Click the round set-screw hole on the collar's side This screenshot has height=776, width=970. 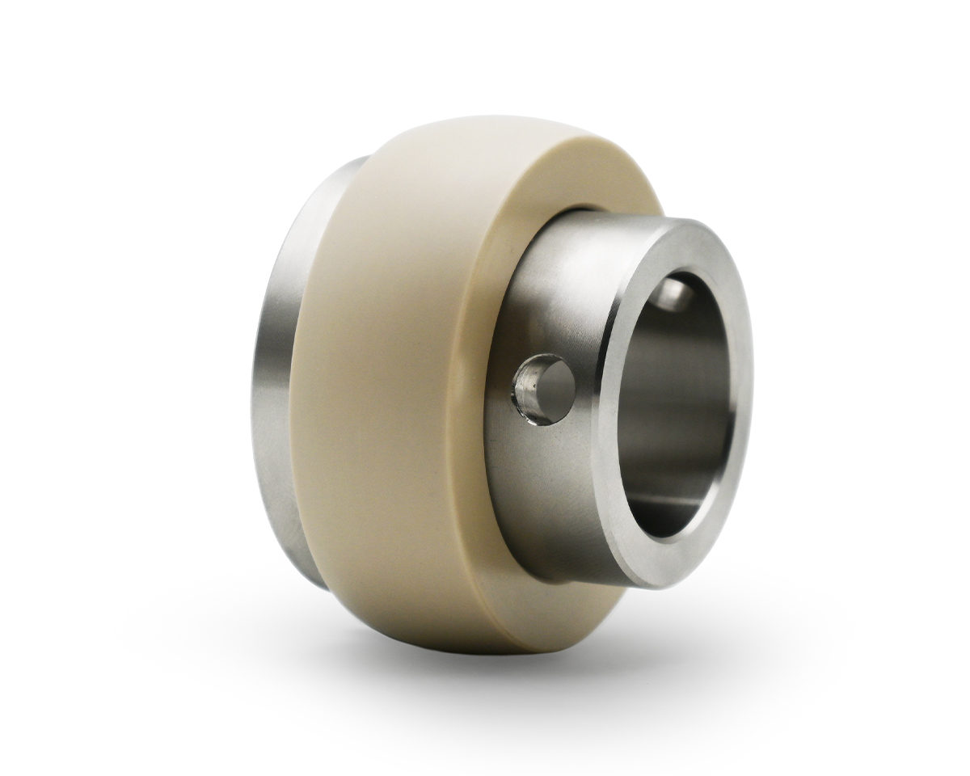tap(544, 389)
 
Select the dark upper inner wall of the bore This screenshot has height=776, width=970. tap(679, 323)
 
